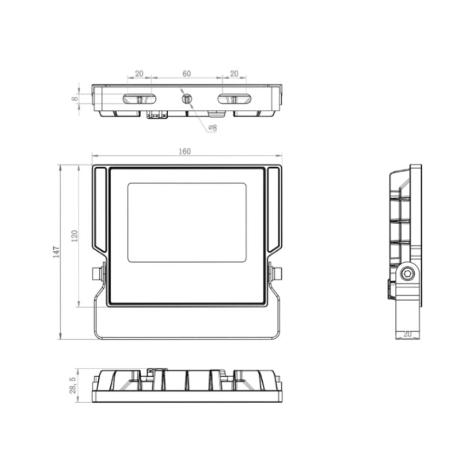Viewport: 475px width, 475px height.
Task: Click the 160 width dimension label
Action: (x=184, y=152)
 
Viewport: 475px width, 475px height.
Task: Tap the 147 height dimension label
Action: (x=57, y=252)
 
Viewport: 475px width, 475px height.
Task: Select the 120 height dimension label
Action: (x=75, y=236)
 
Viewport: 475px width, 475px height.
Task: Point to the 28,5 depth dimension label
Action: (x=73, y=385)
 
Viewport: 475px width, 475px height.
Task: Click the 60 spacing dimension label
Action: (x=187, y=74)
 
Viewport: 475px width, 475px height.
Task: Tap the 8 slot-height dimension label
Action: (x=75, y=99)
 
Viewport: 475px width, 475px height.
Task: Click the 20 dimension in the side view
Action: (x=408, y=334)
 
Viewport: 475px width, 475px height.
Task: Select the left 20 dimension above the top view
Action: (x=139, y=74)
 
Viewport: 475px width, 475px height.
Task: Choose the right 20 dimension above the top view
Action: (x=234, y=74)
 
